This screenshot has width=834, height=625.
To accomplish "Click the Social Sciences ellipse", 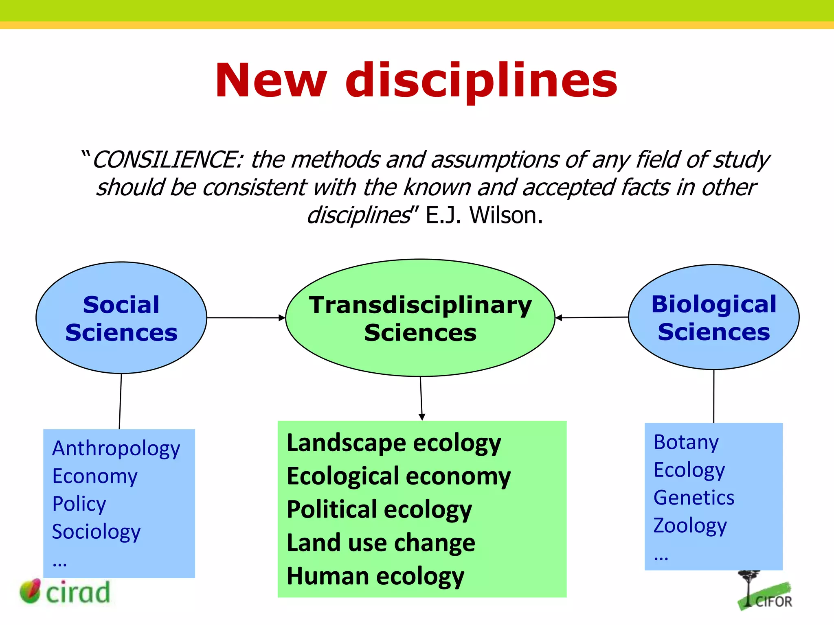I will coord(121,318).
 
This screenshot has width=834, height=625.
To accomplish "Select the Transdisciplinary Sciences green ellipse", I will coord(420,318).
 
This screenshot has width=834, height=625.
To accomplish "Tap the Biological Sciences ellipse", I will coord(713,317).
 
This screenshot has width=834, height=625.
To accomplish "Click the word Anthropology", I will coord(116,448).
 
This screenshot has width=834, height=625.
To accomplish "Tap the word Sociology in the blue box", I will coord(96,531).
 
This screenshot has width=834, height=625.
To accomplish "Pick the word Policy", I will coord(79,504).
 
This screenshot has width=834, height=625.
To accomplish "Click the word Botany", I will coord(686,442).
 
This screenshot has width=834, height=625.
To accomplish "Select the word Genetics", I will coord(694,498).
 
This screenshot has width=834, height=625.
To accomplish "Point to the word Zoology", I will coord(690,525).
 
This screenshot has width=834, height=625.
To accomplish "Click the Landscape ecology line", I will coord(394,443).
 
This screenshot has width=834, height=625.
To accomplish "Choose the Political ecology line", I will coord(379,509).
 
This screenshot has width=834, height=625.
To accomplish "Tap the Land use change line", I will coord(381,543).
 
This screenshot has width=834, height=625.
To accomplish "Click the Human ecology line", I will coord(375,576).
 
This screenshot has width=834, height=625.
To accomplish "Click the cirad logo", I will coord(65,592).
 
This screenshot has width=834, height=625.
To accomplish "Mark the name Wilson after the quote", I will coord(506,215).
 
